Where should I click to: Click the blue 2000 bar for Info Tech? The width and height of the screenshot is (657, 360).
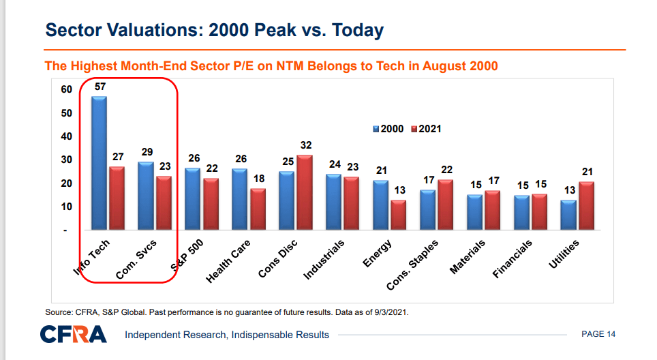pos(99,164)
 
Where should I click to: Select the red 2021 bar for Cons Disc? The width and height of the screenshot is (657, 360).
pos(305,193)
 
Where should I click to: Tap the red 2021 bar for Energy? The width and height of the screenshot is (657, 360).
pos(398,215)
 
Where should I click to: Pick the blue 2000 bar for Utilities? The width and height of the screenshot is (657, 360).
pos(568,215)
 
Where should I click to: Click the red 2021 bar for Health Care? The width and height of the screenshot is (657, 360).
pos(258,209)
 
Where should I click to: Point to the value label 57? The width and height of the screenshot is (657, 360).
pos(100,87)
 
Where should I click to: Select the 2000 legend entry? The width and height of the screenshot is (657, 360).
pos(390,128)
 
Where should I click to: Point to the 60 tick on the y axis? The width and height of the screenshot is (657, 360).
pos(66,89)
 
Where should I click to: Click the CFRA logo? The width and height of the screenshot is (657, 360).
pos(74,334)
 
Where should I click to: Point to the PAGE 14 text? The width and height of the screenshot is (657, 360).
pos(598,334)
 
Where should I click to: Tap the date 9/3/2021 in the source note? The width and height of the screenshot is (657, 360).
pos(389,312)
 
